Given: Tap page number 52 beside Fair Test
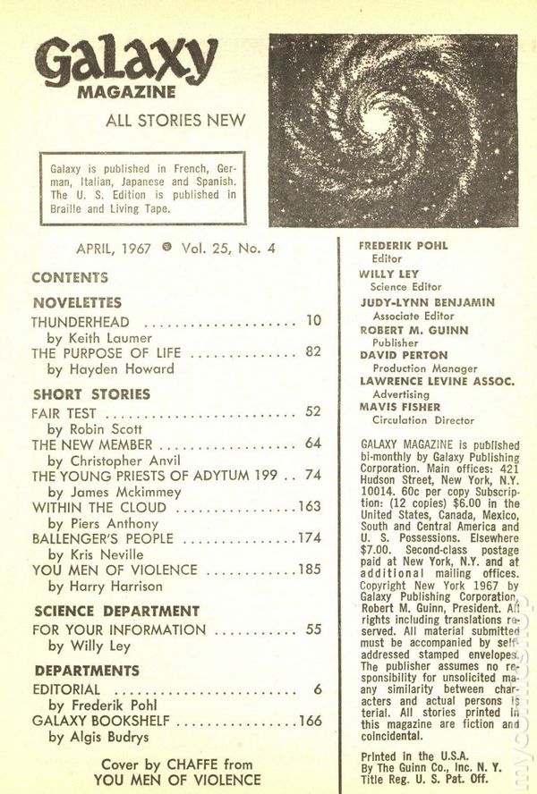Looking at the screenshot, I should pyautogui.click(x=312, y=414).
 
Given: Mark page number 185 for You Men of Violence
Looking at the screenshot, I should pyautogui.click(x=309, y=570).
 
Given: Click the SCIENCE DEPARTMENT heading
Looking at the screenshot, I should pyautogui.click(x=115, y=612).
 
